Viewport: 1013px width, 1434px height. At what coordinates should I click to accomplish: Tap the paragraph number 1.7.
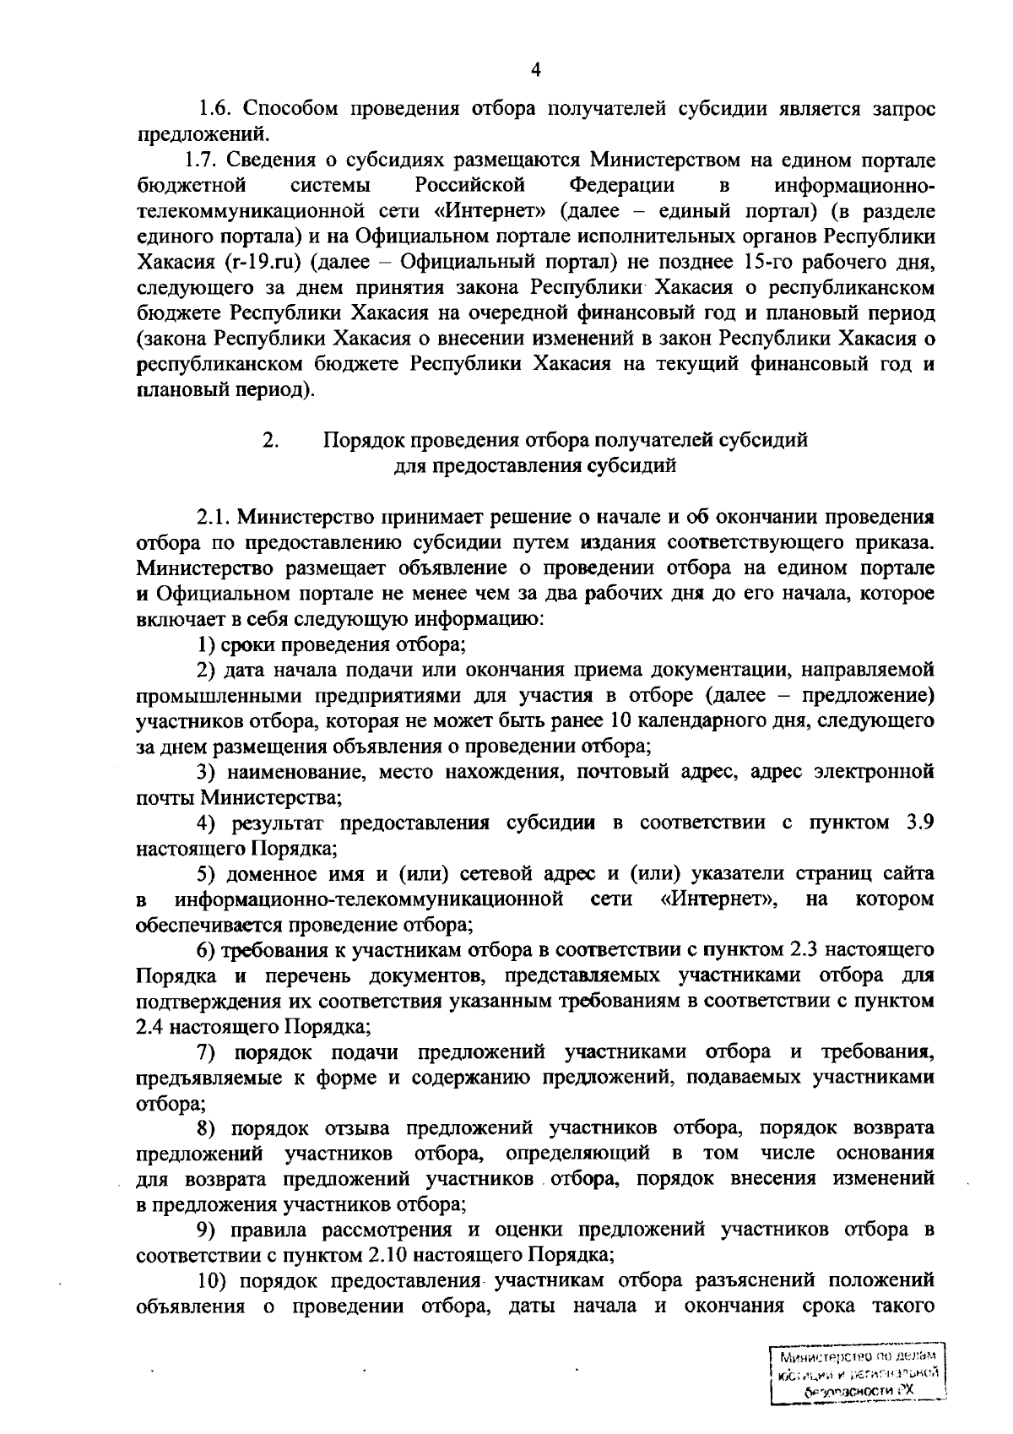pos(201,160)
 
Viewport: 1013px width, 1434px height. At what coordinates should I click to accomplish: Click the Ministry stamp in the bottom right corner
pos(858,1382)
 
